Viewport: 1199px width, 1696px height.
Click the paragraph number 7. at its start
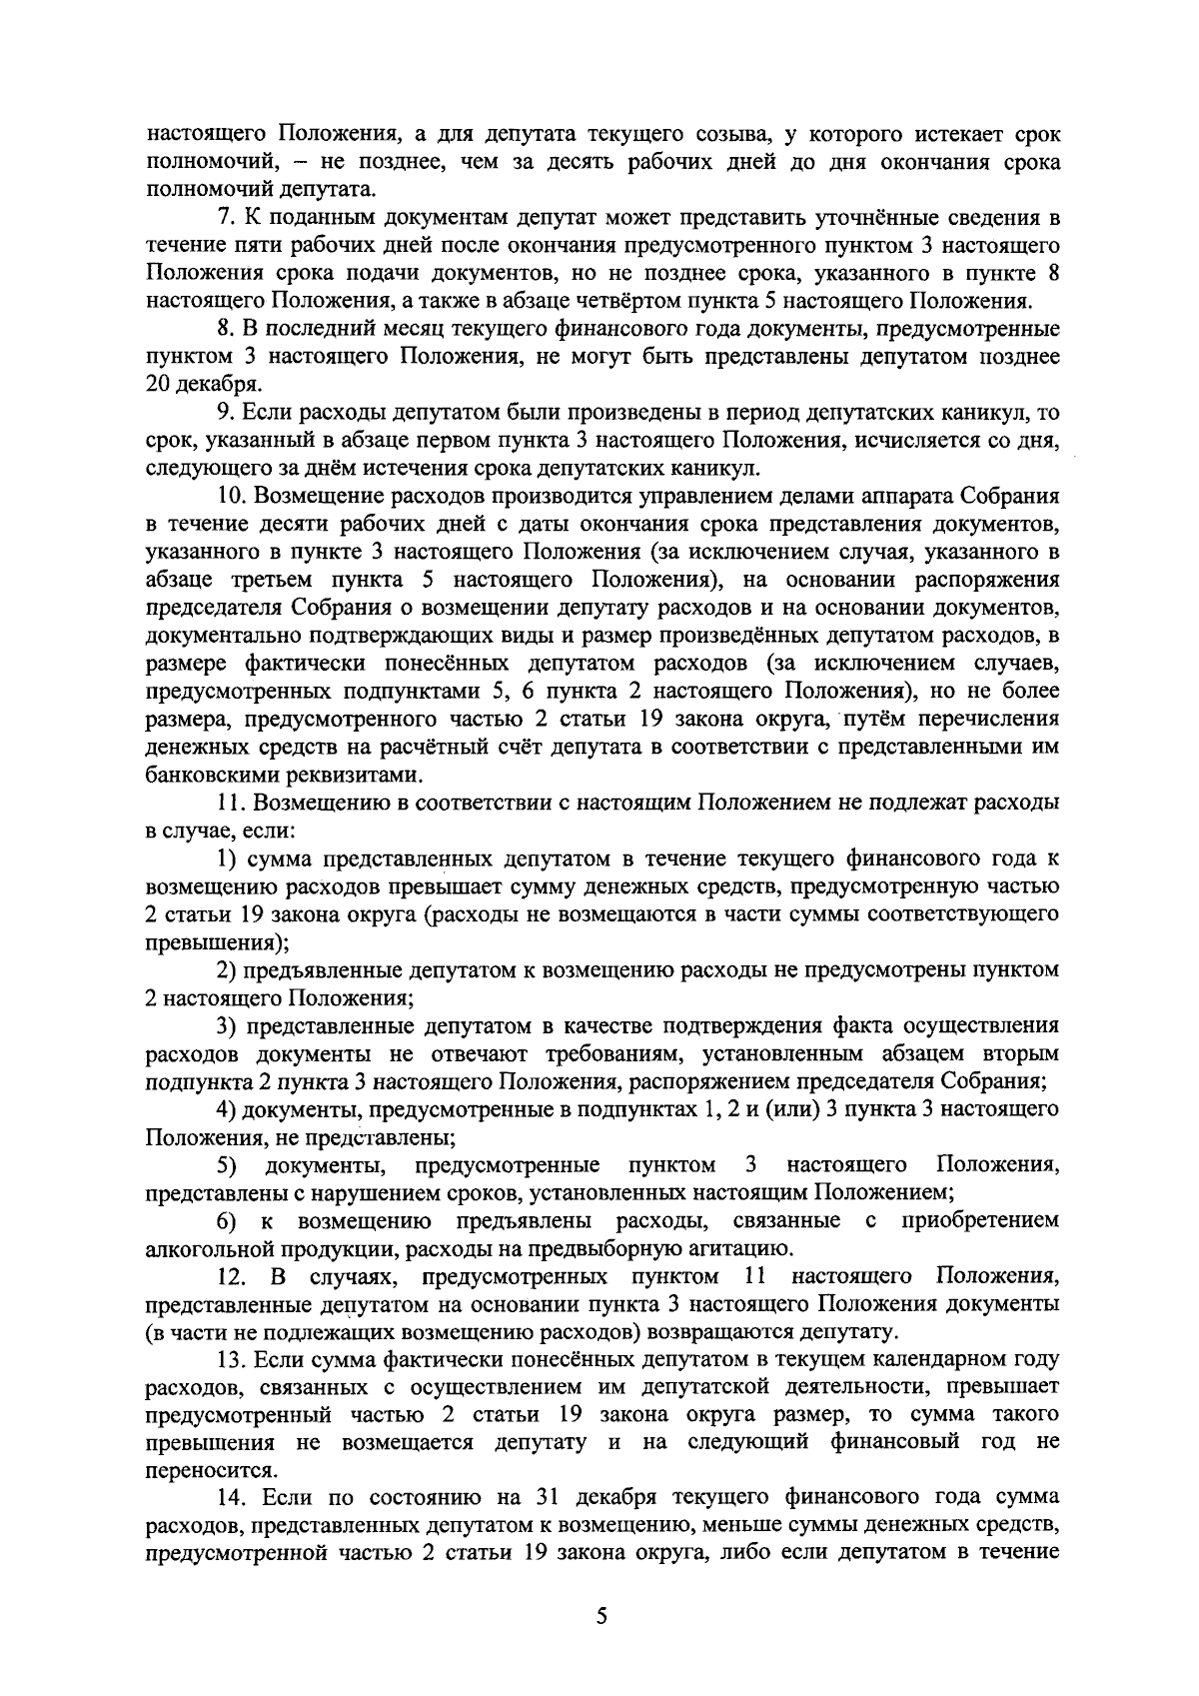coord(226,218)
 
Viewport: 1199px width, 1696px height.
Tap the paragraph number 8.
coord(226,329)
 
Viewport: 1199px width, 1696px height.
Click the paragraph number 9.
coord(226,413)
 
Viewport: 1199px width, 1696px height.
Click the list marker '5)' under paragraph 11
coord(226,1165)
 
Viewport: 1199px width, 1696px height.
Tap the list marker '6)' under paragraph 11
coord(226,1221)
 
